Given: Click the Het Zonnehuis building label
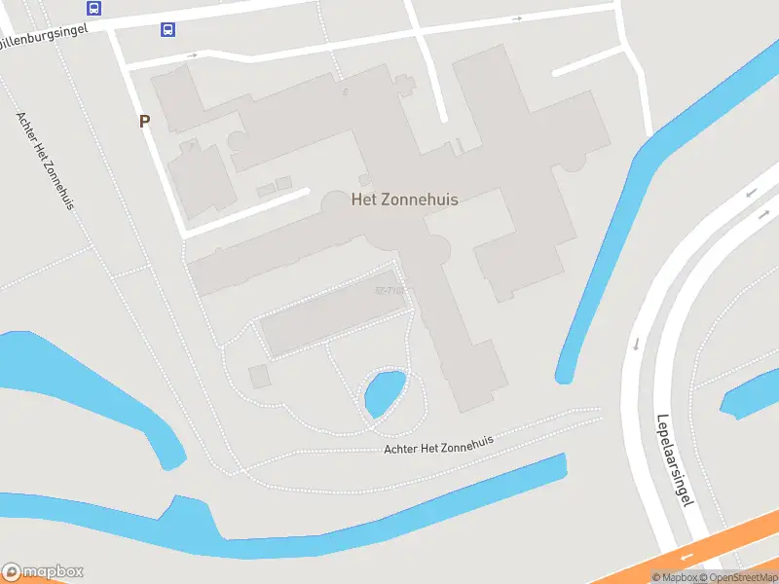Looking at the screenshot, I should point(404,199).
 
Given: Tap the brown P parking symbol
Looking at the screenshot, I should point(145,122).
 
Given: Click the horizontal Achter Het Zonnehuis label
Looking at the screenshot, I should point(439,444).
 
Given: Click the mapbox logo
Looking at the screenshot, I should point(43,572).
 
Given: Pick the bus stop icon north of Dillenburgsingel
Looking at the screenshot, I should point(93,9).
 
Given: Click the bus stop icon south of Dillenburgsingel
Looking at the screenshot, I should point(168,29).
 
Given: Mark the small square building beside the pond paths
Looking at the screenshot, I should point(259,376).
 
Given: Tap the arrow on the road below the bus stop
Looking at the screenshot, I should point(193,55).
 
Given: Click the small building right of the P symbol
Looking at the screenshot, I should point(201,179).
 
